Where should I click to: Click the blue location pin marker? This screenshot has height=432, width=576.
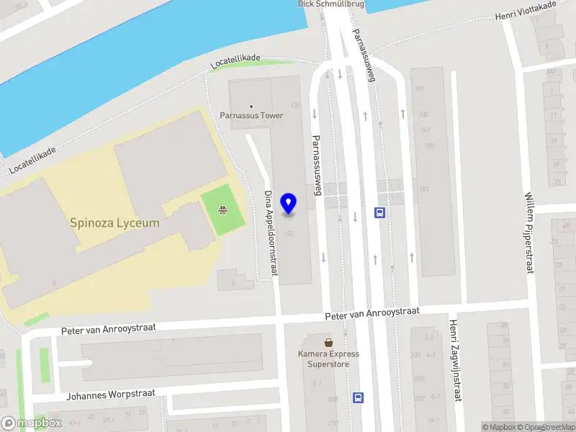point(289,203)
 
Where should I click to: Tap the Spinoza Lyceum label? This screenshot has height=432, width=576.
point(115,223)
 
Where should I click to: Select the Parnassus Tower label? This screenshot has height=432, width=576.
point(251,115)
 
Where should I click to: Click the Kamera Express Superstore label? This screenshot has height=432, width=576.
point(328,359)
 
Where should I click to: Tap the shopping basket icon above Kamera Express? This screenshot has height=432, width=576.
point(328,342)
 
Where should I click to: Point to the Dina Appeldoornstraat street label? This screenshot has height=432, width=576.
point(271,233)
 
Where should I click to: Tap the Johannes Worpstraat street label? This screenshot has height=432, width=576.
point(111,394)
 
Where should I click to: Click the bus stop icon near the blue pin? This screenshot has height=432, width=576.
point(379,212)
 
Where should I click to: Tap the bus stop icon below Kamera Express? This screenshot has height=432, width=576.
point(358,397)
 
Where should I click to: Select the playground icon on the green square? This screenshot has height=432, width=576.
point(223,211)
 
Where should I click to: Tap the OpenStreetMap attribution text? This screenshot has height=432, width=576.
point(544,427)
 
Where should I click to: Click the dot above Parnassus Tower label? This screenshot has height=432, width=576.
point(251,106)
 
